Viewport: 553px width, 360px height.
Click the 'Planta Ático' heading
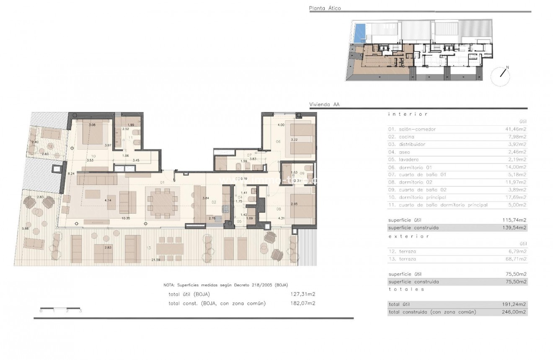tap(325, 8)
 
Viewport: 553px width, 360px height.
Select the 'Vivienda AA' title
tap(324, 105)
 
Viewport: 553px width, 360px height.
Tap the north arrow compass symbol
tap(501, 76)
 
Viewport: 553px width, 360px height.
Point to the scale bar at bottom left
tap(60, 311)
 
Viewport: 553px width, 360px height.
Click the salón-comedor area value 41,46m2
tap(517, 129)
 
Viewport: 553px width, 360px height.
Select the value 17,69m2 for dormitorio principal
tap(517, 197)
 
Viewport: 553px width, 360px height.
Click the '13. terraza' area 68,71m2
tap(517, 259)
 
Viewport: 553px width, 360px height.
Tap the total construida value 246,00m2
tap(516, 312)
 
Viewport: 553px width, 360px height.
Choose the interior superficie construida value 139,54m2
tap(516, 228)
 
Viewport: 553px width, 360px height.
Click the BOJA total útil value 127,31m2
tap(303, 294)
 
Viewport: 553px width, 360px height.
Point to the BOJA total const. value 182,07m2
tap(303, 303)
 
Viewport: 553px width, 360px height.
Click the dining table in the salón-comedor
tap(163, 201)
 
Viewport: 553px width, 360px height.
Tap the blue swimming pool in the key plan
tap(359, 33)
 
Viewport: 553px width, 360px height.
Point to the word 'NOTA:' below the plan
tap(170, 285)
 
